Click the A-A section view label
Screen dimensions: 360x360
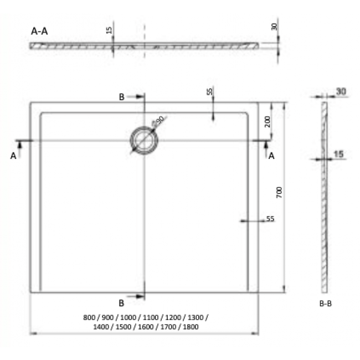[x=40, y=32]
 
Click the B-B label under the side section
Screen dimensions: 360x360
[x=325, y=304]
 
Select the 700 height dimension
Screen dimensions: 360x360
[x=279, y=193]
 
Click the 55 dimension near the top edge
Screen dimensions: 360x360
[x=209, y=92]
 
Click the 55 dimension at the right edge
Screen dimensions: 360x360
[x=270, y=219]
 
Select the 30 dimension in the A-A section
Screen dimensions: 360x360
[x=274, y=26]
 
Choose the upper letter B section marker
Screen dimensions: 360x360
[x=122, y=97]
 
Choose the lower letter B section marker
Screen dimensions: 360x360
[x=121, y=303]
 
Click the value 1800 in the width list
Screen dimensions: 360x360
[x=191, y=327]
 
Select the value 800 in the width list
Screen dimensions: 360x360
[x=89, y=317]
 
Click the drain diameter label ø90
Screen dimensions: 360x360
[x=158, y=120]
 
